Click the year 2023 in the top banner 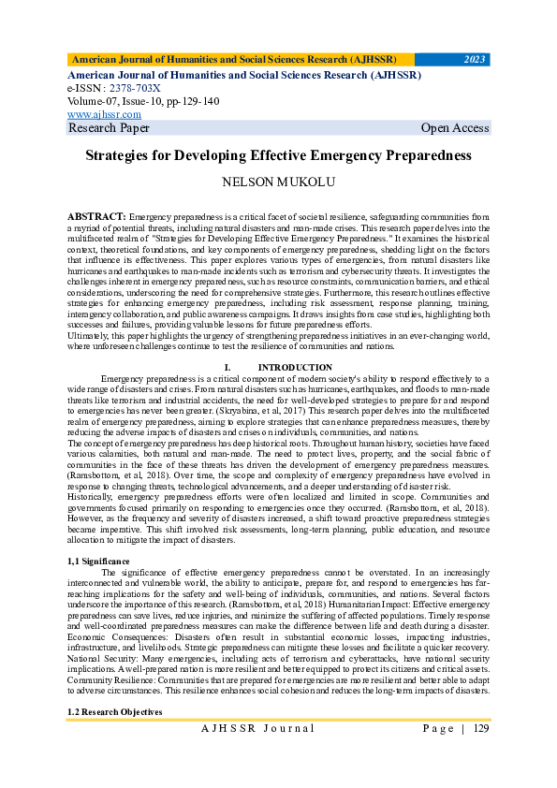click(475, 60)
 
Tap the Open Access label click(454, 128)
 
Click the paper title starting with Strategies click(278, 156)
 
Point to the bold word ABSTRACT click(96, 216)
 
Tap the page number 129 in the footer click(481, 728)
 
